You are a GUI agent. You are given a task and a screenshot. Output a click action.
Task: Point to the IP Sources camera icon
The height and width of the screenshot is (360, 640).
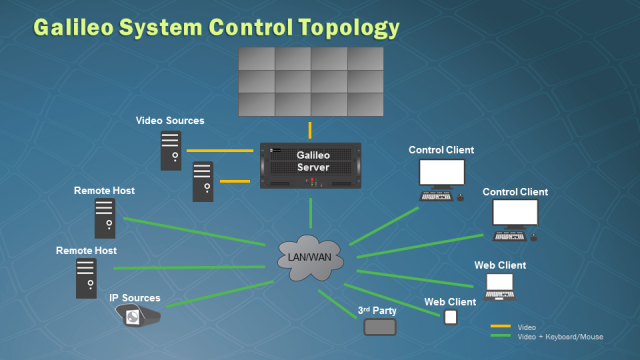tap(138, 317)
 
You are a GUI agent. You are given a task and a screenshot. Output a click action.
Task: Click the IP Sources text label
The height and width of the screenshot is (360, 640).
tap(135, 298)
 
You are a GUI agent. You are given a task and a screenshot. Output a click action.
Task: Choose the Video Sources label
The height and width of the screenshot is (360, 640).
tap(170, 121)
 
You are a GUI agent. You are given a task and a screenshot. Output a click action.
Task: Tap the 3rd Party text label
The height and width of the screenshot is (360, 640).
tap(378, 311)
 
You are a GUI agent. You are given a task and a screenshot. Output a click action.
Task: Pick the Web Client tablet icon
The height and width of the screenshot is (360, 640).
tap(450, 317)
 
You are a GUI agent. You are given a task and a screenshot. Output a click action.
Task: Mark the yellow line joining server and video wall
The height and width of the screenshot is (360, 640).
tap(311, 130)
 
